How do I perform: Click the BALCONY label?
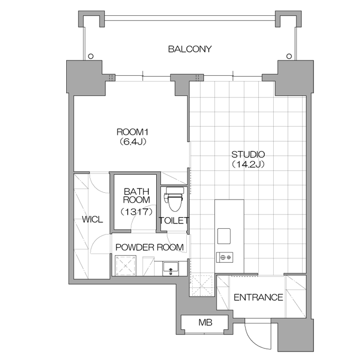[x=190, y=49]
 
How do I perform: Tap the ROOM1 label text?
[x=132, y=132]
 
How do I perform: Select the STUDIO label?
[x=248, y=155]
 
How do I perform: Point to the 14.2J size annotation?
[x=248, y=165]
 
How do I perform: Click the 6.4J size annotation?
[x=133, y=142]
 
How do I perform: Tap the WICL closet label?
[x=93, y=220]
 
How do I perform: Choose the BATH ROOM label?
[x=137, y=195]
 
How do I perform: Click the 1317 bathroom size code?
[x=137, y=212]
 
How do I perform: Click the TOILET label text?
[x=174, y=221]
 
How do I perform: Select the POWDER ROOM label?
[x=149, y=247]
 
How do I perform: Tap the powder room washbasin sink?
[x=170, y=268]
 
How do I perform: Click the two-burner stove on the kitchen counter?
[x=224, y=257]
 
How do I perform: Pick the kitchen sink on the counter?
[x=224, y=236]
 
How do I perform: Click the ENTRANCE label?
[x=258, y=298]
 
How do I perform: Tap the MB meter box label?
[x=205, y=322]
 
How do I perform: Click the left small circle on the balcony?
[x=91, y=56]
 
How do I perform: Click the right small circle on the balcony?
[x=289, y=56]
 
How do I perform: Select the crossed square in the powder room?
[x=125, y=266]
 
